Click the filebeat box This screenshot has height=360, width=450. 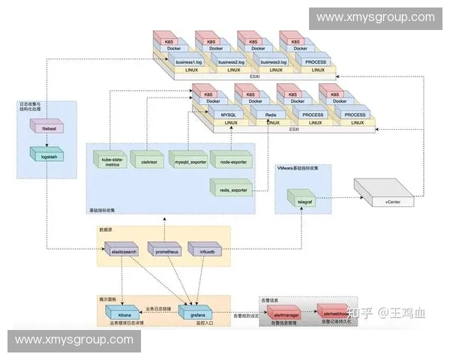[x=45, y=128]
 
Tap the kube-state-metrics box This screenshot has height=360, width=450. [x=110, y=161]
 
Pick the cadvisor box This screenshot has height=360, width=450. [x=148, y=161]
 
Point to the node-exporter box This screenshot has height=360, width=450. [x=229, y=161]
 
